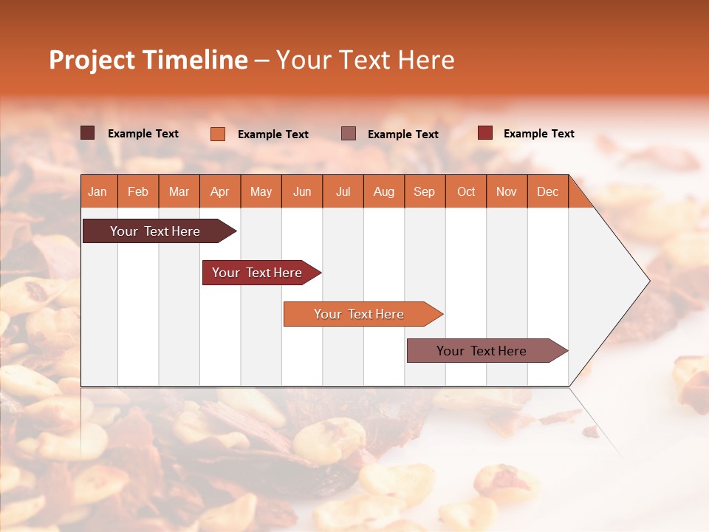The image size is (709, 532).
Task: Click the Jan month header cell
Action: pyautogui.click(x=97, y=191)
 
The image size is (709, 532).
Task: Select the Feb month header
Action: pyautogui.click(x=138, y=191)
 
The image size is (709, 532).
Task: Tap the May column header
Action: pyautogui.click(x=261, y=191)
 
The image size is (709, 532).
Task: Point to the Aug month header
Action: pyautogui.click(x=383, y=191)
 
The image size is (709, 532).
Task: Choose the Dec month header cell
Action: pyautogui.click(x=547, y=191)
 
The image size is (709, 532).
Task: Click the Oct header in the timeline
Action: pyautogui.click(x=466, y=191)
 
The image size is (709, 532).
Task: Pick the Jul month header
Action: pyautogui.click(x=343, y=191)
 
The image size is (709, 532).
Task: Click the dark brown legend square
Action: pyautogui.click(x=88, y=133)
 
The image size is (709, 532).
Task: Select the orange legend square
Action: pyautogui.click(x=218, y=134)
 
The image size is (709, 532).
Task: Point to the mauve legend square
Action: pyautogui.click(x=349, y=133)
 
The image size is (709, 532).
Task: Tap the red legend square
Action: pyautogui.click(x=485, y=133)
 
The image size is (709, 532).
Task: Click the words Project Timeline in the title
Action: pyautogui.click(x=148, y=60)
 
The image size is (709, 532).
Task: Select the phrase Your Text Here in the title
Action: pyautogui.click(x=365, y=60)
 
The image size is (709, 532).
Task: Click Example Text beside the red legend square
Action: pyautogui.click(x=538, y=133)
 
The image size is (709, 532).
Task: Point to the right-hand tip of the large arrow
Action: pyautogui.click(x=648, y=281)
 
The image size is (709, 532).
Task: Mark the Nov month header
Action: pyautogui.click(x=507, y=191)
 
